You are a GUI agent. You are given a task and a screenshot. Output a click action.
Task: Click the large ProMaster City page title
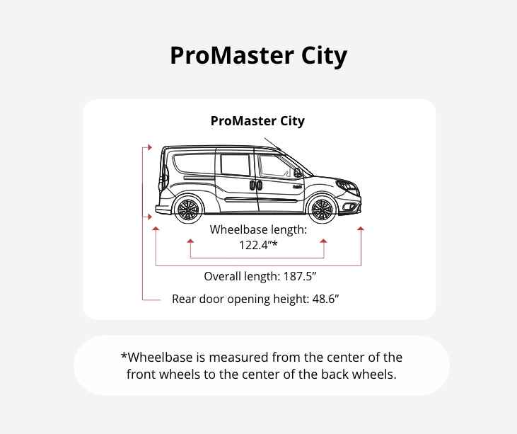pyautogui.click(x=258, y=56)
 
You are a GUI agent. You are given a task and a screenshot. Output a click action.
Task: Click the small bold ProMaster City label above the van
pyautogui.click(x=257, y=121)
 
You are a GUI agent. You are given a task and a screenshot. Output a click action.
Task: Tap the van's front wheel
pyautogui.click(x=322, y=210)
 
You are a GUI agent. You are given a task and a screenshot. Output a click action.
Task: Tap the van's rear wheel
pyautogui.click(x=187, y=210)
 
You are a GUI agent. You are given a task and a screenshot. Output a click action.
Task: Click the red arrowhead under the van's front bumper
pyautogui.click(x=361, y=229)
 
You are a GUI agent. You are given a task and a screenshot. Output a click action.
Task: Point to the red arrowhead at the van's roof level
pyautogui.click(x=149, y=147)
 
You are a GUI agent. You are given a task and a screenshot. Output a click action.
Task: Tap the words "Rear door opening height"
pyautogui.click(x=240, y=299)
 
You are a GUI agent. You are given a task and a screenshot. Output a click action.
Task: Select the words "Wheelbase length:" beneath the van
pyautogui.click(x=258, y=229)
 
